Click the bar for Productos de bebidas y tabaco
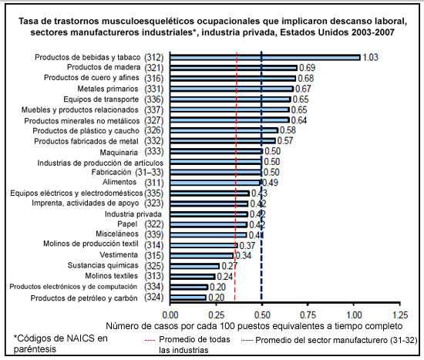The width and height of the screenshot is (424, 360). click(x=264, y=57)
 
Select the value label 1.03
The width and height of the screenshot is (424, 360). click(x=372, y=58)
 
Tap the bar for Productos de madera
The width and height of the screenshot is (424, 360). click(x=233, y=68)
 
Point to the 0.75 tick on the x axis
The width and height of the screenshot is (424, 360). click(x=308, y=315)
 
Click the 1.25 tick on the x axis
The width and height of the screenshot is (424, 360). click(x=400, y=315)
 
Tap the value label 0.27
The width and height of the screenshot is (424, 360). click(x=229, y=265)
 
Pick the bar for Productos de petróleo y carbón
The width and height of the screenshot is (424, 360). click(x=187, y=297)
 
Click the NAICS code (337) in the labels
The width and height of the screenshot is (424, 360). click(x=153, y=109)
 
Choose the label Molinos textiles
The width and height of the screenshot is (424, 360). click(x=112, y=276)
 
